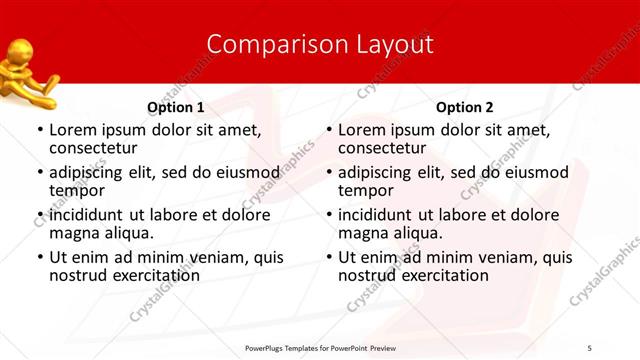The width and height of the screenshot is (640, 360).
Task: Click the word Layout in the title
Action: pos(391,45)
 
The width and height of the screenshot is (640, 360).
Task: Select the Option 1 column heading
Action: pos(175,107)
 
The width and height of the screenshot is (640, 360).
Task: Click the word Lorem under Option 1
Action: pos(73,130)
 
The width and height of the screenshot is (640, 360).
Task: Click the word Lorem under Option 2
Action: pos(362,130)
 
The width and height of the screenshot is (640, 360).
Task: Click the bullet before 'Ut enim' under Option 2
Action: pos(328,257)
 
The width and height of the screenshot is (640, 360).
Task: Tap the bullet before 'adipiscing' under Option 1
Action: pos(39,172)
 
